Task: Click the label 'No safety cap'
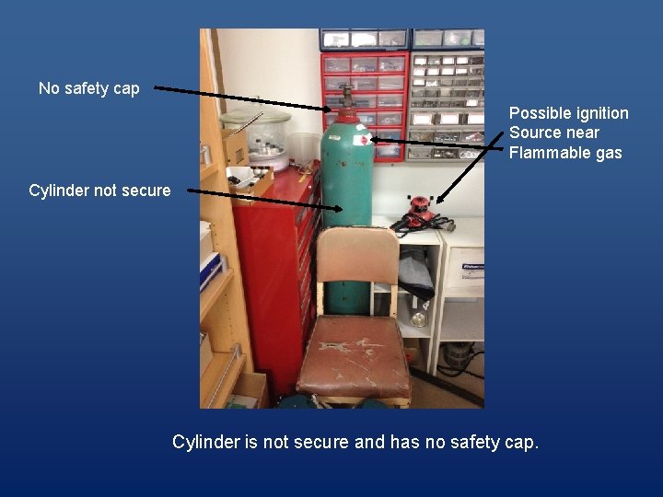(89, 88)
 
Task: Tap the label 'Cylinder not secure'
(99, 191)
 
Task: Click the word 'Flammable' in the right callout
(545, 153)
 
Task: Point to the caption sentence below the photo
(355, 442)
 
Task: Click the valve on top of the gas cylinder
(346, 97)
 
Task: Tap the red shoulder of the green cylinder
(346, 117)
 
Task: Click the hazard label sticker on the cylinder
(365, 140)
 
